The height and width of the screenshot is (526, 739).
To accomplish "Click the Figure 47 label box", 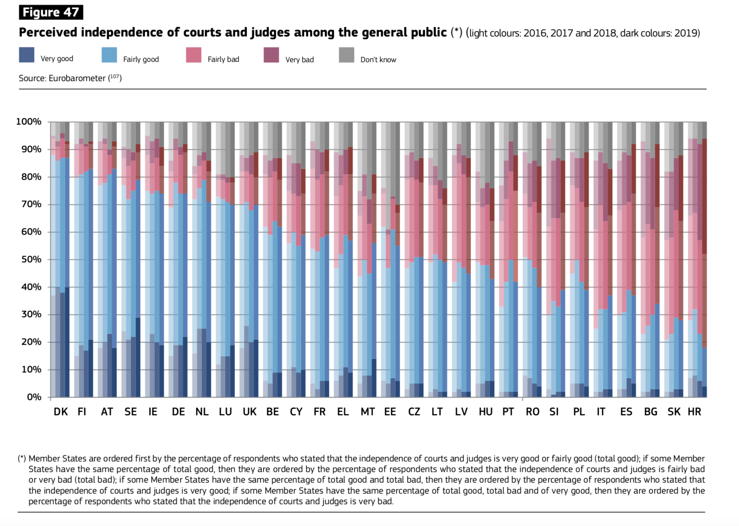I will (51, 12).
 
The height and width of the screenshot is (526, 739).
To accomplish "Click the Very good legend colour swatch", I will (27, 55).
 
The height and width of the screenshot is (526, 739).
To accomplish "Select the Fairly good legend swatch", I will (110, 55).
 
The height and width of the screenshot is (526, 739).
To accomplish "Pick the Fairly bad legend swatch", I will (194, 55).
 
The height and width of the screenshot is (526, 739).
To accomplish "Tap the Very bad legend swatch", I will (271, 55).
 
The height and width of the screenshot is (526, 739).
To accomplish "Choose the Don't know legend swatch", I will (346, 55).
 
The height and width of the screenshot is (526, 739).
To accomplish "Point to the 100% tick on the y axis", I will (29, 122).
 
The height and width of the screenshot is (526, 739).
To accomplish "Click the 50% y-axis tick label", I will (31, 260).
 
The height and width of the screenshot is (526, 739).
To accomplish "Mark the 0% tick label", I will (34, 397).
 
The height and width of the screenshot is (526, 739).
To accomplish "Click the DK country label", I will (61, 412).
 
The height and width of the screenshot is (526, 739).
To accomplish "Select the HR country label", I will (694, 412).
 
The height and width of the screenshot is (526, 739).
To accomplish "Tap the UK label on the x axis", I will (249, 412).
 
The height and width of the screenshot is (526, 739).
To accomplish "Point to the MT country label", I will (367, 412).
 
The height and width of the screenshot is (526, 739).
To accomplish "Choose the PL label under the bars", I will (579, 412).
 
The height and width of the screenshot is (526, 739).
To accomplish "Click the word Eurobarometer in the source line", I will (77, 78).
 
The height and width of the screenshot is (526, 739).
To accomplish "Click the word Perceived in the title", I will (48, 33).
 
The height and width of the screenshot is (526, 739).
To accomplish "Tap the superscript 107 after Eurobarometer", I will (115, 76).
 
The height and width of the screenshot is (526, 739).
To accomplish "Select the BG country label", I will (650, 412).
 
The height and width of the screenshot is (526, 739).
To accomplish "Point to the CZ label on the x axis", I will (414, 412).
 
